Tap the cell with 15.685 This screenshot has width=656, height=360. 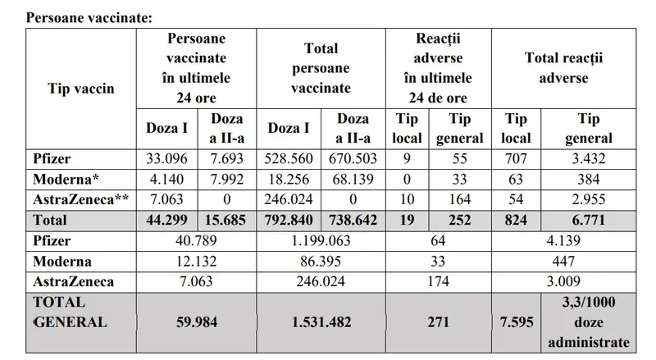(x=227, y=221)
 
